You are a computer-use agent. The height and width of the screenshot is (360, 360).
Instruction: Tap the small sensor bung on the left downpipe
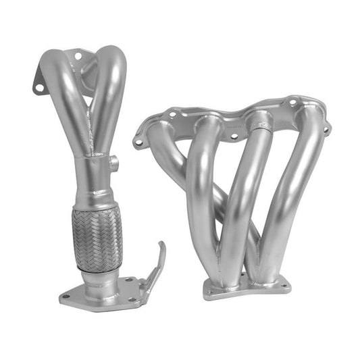pyautogui.click(x=113, y=162)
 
